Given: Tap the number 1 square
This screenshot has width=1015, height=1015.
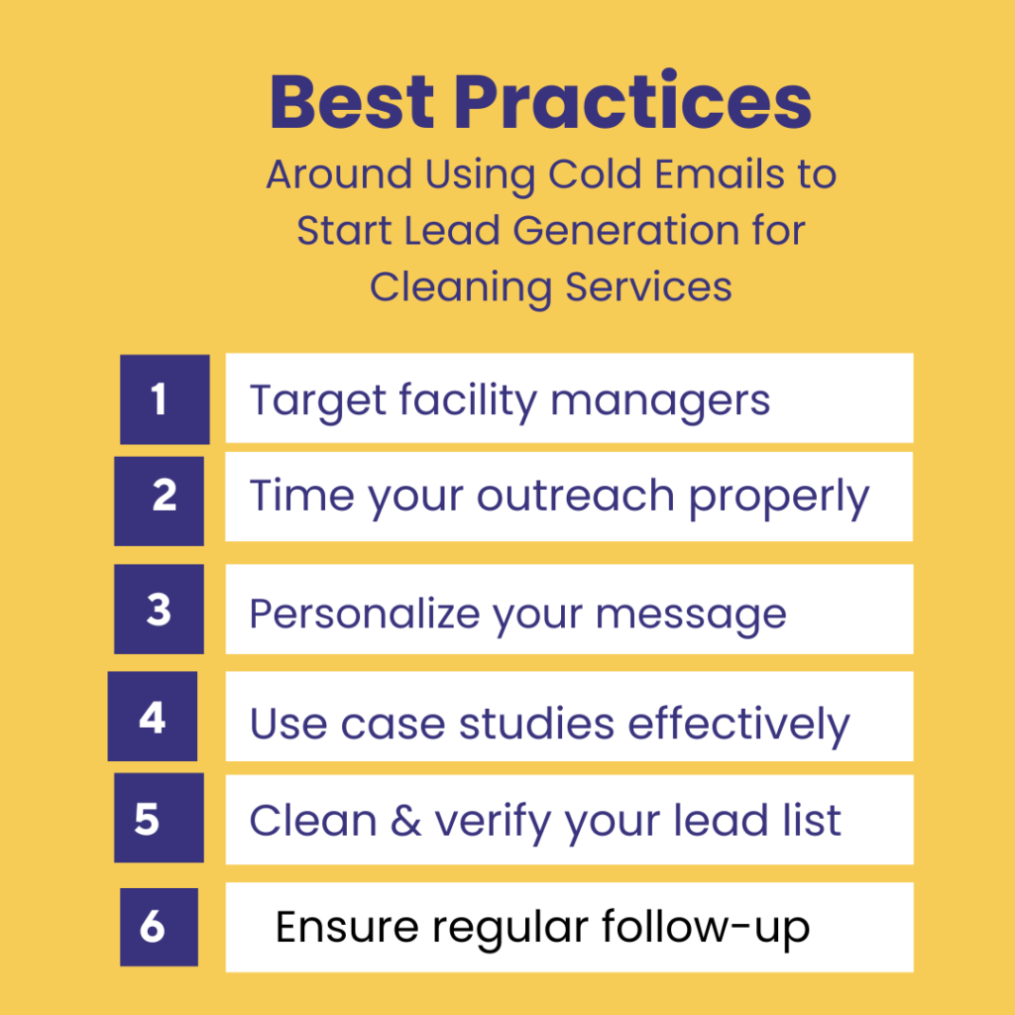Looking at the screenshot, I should click(165, 399).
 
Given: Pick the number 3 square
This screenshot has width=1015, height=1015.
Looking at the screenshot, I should click(159, 610).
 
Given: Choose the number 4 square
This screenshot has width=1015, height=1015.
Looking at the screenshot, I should click(153, 717).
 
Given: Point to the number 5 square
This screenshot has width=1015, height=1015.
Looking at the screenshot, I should click(159, 819).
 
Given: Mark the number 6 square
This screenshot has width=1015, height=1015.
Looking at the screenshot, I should click(159, 927).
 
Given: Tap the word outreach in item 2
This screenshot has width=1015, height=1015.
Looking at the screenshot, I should click(577, 497).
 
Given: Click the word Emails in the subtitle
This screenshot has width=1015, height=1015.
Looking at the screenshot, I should click(706, 175).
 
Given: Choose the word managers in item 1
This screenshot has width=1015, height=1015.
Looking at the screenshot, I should click(660, 401).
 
